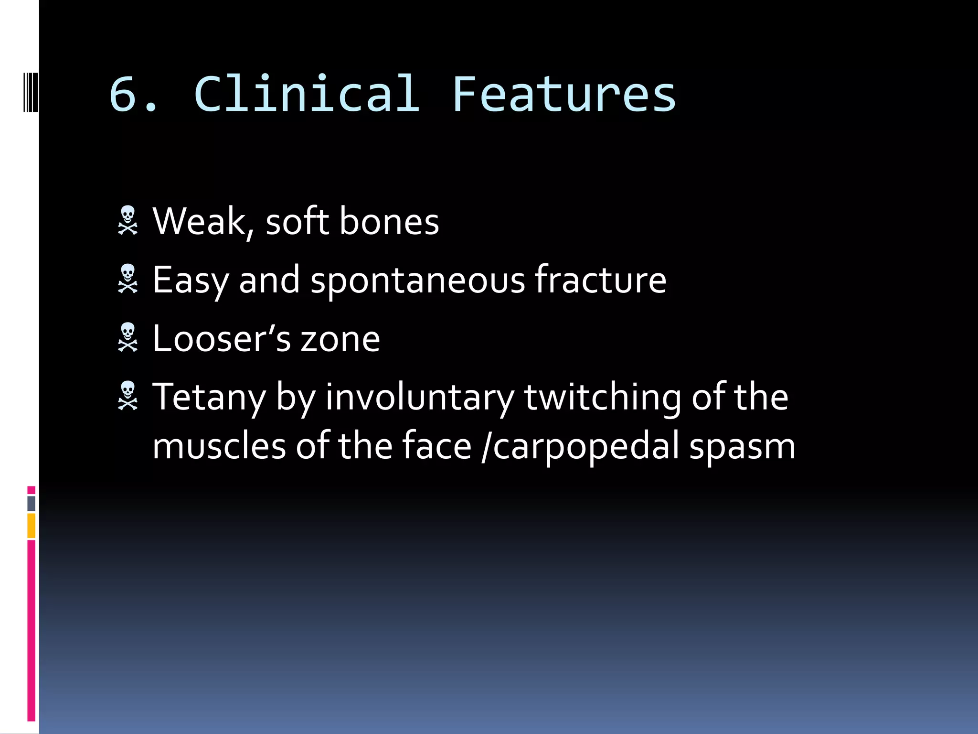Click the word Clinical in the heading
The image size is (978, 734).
click(x=307, y=94)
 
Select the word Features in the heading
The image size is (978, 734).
click(x=563, y=94)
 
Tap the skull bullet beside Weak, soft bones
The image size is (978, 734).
click(x=128, y=220)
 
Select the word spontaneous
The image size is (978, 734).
click(x=418, y=281)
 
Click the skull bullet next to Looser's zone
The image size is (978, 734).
click(x=128, y=337)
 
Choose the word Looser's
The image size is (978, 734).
click(x=221, y=338)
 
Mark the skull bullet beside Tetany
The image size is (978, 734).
click(x=128, y=396)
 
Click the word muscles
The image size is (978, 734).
click(x=219, y=446)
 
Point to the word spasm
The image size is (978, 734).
click(x=742, y=447)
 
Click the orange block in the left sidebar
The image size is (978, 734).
click(x=32, y=526)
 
